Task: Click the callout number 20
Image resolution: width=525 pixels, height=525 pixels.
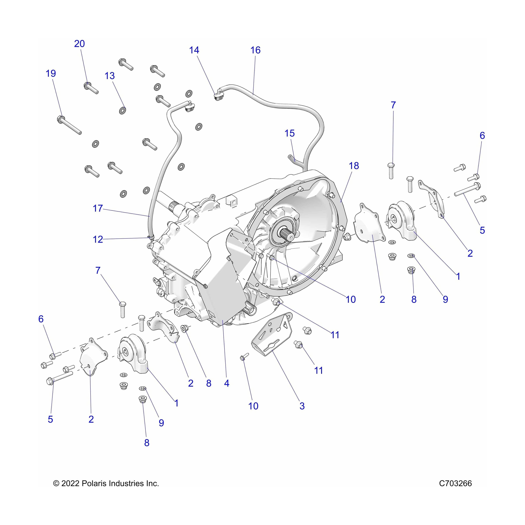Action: pyautogui.click(x=79, y=44)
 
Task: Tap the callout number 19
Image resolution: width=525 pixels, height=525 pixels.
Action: pyautogui.click(x=51, y=73)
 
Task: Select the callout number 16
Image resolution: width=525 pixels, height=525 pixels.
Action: pyautogui.click(x=255, y=50)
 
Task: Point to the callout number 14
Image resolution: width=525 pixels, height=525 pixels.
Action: pyautogui.click(x=194, y=50)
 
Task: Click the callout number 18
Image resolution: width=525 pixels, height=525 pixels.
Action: pyautogui.click(x=354, y=166)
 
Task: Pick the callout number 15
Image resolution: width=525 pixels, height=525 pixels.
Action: pyautogui.click(x=289, y=133)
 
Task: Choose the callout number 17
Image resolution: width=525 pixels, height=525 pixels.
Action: pyautogui.click(x=98, y=208)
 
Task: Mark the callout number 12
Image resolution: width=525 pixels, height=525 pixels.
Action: pyautogui.click(x=98, y=239)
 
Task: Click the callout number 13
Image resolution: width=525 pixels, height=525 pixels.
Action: pyautogui.click(x=110, y=76)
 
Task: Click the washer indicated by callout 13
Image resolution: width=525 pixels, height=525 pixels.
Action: pyautogui.click(x=123, y=110)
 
